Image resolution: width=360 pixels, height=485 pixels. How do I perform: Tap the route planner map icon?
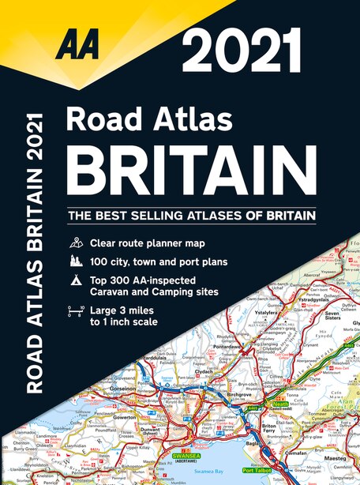click(75, 242)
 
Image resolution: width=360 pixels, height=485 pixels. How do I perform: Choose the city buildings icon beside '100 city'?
click(75, 260)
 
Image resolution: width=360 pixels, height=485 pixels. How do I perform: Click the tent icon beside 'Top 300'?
click(75, 280)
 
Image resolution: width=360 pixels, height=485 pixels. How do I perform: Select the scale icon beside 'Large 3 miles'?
click(75, 315)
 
